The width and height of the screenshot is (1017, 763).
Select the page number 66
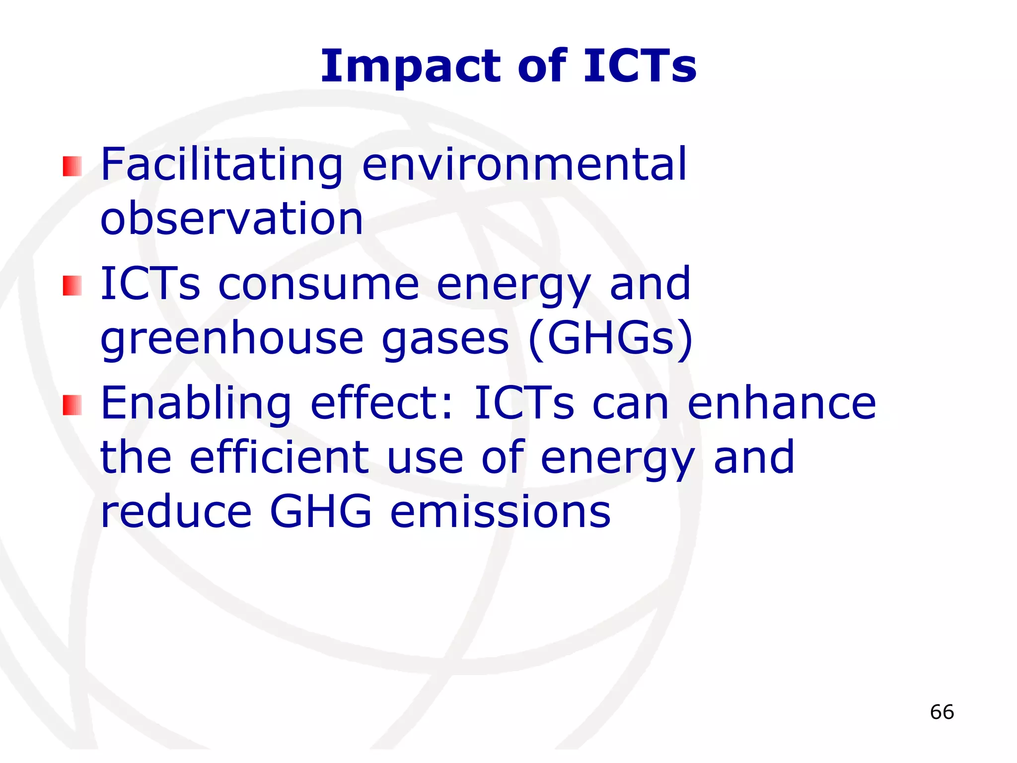tap(942, 712)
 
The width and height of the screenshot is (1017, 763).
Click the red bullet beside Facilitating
tap(72, 166)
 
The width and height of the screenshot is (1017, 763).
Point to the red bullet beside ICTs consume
tap(72, 286)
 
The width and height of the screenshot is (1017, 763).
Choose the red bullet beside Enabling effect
tap(72, 405)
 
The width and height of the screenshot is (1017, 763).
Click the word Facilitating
tap(221, 165)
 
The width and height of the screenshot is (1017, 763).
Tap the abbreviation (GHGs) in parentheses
tap(610, 339)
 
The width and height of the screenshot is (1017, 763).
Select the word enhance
tap(782, 403)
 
